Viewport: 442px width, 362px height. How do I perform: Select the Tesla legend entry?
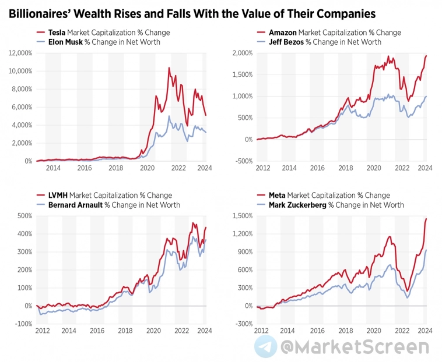[x=57, y=33]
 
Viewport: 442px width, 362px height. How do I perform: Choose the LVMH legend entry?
[x=58, y=196]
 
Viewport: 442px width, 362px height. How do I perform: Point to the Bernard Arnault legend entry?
[x=76, y=205]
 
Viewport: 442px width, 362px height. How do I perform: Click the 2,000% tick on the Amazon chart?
[x=241, y=53]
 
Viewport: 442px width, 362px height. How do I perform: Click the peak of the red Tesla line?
[x=169, y=68]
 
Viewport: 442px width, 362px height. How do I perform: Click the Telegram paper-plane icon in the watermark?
[x=265, y=346]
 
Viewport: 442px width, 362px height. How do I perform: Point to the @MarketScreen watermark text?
[x=355, y=347]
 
